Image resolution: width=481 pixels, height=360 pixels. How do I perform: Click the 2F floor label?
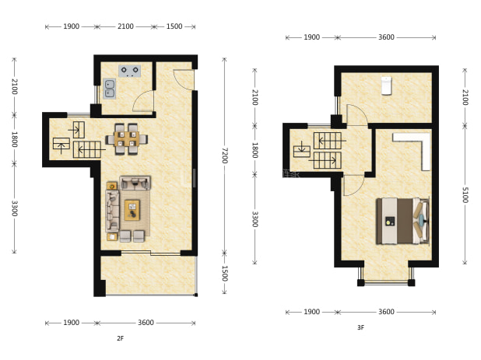120,338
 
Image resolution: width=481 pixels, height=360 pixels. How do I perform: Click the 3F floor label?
361,327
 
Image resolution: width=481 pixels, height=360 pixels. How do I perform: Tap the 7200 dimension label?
225,156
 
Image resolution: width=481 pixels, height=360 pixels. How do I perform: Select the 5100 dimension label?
465,195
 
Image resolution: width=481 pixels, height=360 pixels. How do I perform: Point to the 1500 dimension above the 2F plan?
174,26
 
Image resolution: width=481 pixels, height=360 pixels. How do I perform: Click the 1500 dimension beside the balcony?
225,273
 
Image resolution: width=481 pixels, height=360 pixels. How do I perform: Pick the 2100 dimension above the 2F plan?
125,26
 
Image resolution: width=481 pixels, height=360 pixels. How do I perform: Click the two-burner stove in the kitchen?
130,71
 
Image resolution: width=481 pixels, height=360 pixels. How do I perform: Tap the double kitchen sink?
110,89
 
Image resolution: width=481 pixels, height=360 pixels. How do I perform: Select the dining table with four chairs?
127,139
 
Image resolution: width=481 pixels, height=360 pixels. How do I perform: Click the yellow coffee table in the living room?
132,210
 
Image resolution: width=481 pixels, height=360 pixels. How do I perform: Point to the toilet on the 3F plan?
386,86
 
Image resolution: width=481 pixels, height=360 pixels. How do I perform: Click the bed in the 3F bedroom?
402,221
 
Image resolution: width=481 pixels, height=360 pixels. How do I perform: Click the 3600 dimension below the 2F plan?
146,323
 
